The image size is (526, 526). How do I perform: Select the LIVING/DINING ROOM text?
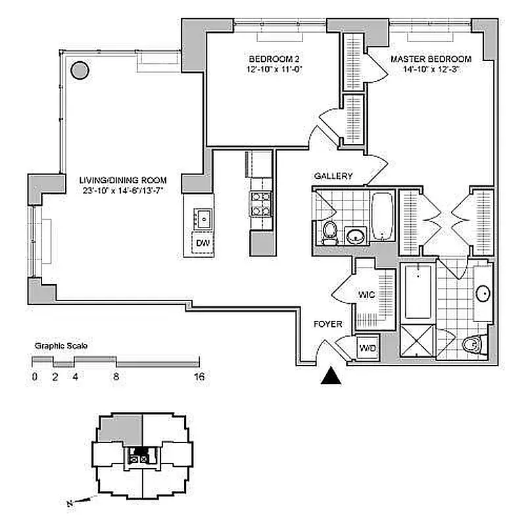(x=123, y=179)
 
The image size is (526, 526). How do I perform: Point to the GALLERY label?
(x=333, y=176)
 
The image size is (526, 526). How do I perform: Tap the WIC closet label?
(x=366, y=295)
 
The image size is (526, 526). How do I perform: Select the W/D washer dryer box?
(x=366, y=348)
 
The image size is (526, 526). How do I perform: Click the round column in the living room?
(x=80, y=70)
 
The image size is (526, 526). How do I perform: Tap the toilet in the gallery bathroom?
(x=329, y=231)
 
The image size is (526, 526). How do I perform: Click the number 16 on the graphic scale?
(x=199, y=377)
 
